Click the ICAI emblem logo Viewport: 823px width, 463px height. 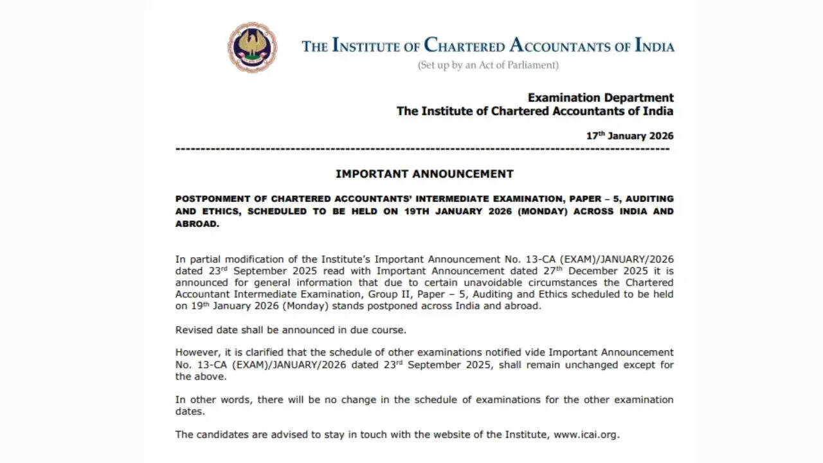pos(252,47)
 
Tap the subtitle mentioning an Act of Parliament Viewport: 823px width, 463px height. pos(488,65)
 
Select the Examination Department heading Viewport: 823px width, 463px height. pos(601,98)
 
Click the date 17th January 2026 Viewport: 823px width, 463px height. pos(629,136)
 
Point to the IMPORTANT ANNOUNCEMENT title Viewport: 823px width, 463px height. pos(424,174)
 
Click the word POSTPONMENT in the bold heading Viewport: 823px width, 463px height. pos(214,199)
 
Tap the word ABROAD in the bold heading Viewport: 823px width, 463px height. pos(196,224)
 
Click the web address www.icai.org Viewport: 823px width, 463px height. pos(585,434)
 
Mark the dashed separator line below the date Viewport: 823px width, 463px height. pos(422,149)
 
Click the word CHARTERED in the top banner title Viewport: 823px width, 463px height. pos(464,46)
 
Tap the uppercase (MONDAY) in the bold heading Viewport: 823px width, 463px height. pos(537,212)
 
